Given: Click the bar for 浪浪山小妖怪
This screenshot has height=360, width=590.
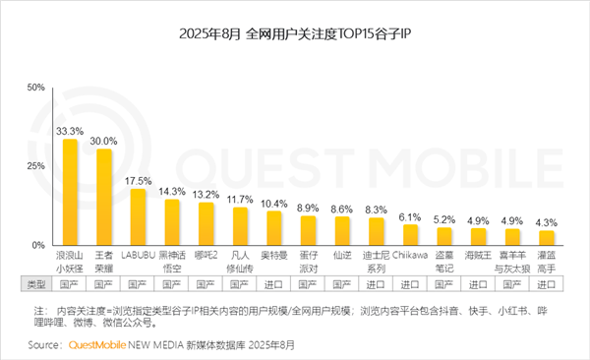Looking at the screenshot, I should point(70,192).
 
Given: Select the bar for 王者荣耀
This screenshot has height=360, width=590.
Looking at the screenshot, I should point(103,197).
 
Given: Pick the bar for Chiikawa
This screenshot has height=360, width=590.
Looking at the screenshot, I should point(410,235).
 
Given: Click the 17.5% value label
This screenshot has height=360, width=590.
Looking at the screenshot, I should point(138,181).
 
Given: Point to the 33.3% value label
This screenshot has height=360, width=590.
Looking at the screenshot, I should point(70,130).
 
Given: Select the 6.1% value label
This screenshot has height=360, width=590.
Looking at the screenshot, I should point(410,217).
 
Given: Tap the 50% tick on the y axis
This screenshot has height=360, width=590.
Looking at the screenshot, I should point(36,88).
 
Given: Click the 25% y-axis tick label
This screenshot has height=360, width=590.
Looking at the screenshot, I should point(36,166).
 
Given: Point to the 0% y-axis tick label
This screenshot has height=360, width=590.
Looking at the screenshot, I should point(39,245).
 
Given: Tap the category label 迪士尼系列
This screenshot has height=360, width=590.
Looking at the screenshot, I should point(376,260).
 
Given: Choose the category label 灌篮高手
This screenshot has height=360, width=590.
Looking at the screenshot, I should point(547,260).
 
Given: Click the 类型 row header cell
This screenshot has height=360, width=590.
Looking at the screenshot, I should point(36,283).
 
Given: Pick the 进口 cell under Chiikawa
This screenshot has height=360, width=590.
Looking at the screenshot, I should point(410,283).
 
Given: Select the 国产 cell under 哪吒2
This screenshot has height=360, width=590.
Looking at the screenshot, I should point(206,283).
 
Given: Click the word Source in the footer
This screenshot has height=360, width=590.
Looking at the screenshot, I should point(46,345).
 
